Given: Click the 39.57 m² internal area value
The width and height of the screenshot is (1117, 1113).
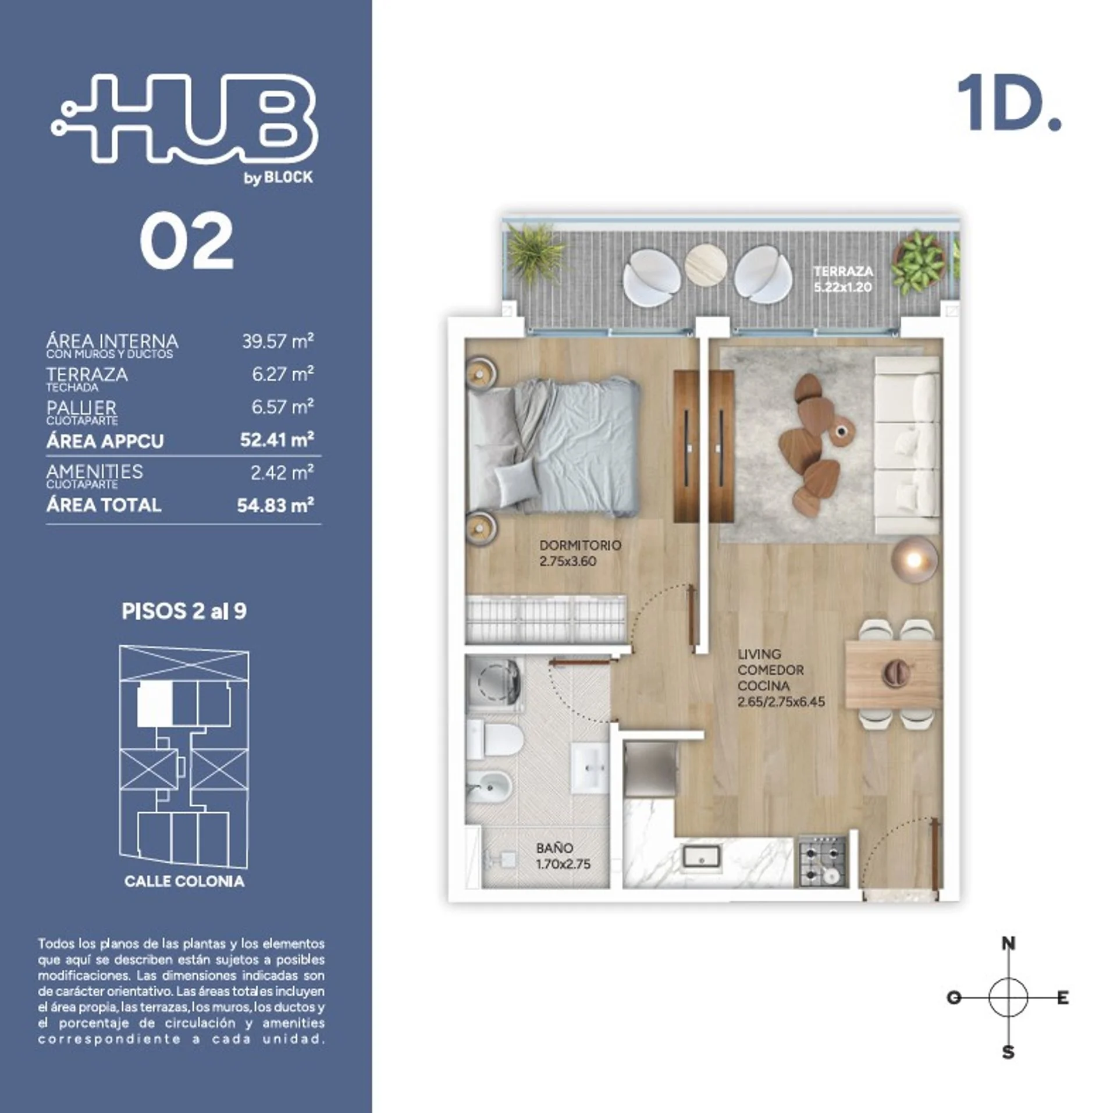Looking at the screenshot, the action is (278, 341).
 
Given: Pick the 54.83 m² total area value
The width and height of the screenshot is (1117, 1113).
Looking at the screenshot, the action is (275, 505).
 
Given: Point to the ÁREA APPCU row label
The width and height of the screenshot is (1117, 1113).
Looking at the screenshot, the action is (105, 441).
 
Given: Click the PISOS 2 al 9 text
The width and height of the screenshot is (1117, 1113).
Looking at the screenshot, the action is (184, 611).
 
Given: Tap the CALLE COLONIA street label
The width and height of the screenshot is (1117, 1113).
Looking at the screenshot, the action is (184, 881).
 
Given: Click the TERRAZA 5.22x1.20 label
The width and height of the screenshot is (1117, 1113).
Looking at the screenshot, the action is (843, 279).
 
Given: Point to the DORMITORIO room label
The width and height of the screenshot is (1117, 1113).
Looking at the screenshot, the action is (580, 545).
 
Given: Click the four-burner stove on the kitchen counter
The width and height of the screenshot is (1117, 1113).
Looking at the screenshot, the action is (822, 860).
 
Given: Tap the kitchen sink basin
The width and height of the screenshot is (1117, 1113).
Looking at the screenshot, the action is (701, 856).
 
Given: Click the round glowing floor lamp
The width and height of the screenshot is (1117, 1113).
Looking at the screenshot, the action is (914, 559).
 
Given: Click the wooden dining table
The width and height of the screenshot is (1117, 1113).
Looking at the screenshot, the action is (892, 674).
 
